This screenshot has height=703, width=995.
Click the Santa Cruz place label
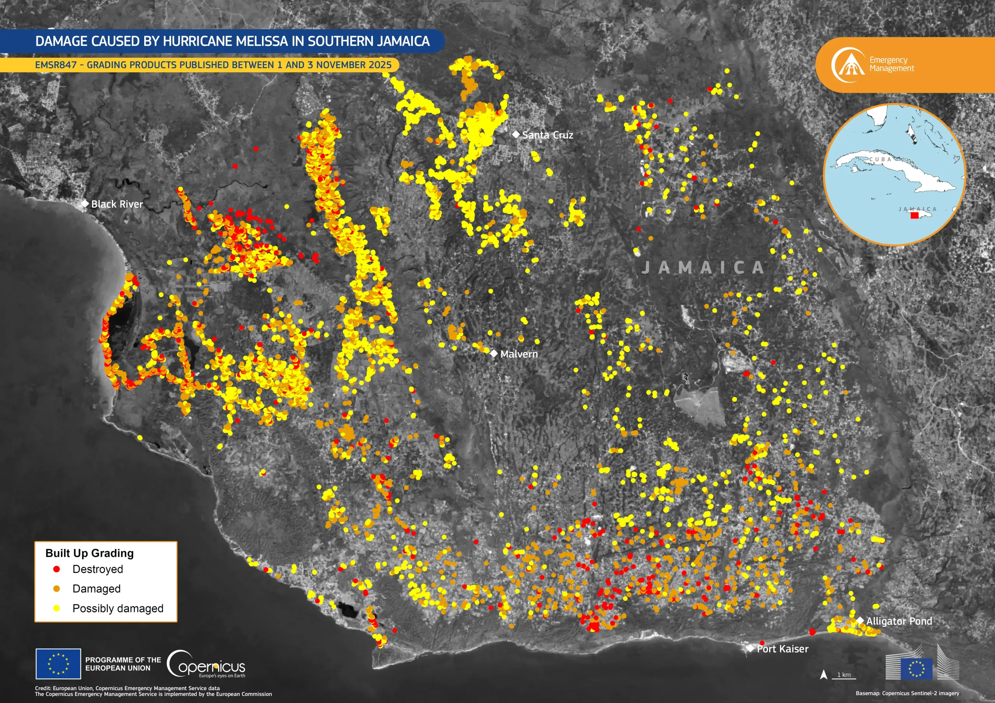[547, 135]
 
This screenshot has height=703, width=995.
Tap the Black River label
[117, 204]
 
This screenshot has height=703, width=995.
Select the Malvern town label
[519, 354]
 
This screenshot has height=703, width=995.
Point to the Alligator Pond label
[899, 621]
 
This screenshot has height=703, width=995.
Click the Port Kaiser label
[782, 649]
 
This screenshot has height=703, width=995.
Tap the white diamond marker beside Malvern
[494, 353]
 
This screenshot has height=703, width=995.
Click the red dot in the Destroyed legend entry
[56, 569]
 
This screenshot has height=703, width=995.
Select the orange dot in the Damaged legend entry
[56, 589]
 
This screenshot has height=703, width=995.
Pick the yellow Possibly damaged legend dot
[56, 608]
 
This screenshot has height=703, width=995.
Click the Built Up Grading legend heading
[89, 553]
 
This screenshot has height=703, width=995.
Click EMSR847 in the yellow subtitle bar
[56, 65]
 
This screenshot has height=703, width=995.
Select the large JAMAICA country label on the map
[702, 268]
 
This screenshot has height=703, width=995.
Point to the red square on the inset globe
[915, 215]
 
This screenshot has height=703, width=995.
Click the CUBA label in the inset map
[880, 159]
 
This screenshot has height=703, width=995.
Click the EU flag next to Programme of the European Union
[58, 664]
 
